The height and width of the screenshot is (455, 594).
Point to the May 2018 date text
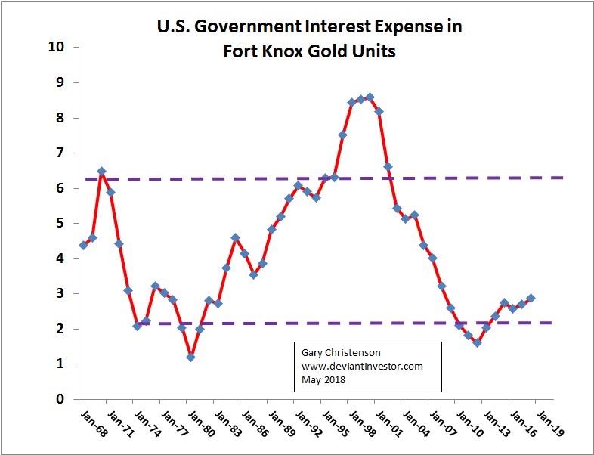coord(322,379)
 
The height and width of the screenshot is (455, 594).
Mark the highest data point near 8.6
coord(370,97)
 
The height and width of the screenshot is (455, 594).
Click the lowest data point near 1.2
coord(191,357)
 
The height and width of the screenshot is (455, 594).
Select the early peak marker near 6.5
coord(101,172)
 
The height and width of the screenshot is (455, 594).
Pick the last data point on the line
coord(531,298)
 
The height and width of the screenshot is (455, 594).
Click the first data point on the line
coord(83,245)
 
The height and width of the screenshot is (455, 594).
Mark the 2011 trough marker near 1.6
coord(477,342)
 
